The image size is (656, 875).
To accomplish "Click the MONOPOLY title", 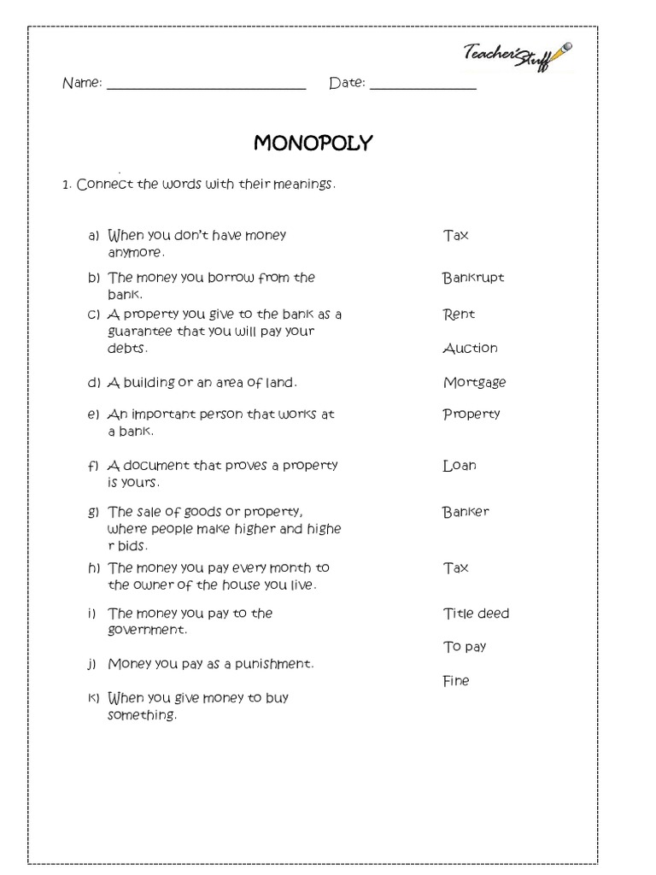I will click(x=313, y=144).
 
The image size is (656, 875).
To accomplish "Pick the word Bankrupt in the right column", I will click(x=473, y=278).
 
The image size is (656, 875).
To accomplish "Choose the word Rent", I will click(x=459, y=314).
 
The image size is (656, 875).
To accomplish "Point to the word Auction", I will click(x=470, y=348).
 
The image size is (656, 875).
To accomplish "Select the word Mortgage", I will click(x=474, y=383).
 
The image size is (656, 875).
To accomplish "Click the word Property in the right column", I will click(x=471, y=414).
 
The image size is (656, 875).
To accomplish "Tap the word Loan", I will click(x=460, y=466).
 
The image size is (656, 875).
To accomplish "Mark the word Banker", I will click(x=466, y=512).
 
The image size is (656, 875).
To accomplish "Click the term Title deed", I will click(x=476, y=614).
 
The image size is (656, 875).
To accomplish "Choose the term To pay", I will click(x=465, y=647).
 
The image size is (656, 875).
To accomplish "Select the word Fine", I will click(x=456, y=681).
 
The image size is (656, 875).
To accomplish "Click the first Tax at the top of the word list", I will click(x=456, y=235).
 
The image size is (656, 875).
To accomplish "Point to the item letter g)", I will click(x=93, y=513).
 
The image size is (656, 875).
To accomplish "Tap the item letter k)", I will click(x=93, y=698).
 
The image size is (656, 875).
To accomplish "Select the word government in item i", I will click(x=146, y=630).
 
